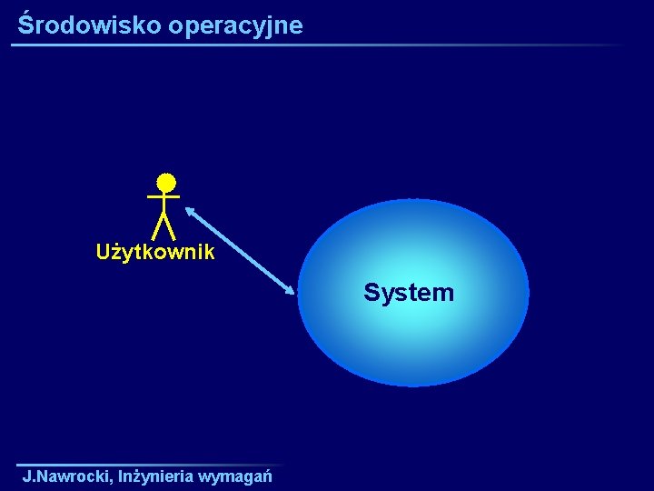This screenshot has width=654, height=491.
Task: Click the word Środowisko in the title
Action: pos(89,25)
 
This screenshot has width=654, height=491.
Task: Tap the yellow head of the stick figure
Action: pos(164,183)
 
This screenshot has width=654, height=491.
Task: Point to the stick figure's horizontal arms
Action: pos(163,196)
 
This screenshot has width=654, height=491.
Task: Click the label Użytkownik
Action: pos(155,253)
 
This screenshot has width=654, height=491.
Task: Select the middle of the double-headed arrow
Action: pos(241,250)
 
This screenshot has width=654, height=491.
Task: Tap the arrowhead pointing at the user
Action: pos(190,210)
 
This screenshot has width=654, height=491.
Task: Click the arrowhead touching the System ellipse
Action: pos(291,290)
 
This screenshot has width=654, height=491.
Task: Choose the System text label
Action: pos(409,293)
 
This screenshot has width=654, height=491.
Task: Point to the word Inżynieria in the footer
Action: pos(154,476)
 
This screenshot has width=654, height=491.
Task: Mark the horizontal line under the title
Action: pos(318,45)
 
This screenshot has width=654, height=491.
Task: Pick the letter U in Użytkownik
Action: pos(104,253)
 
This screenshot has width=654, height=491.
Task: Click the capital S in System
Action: pos(371,293)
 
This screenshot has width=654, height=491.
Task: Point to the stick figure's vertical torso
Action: pos(163,204)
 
